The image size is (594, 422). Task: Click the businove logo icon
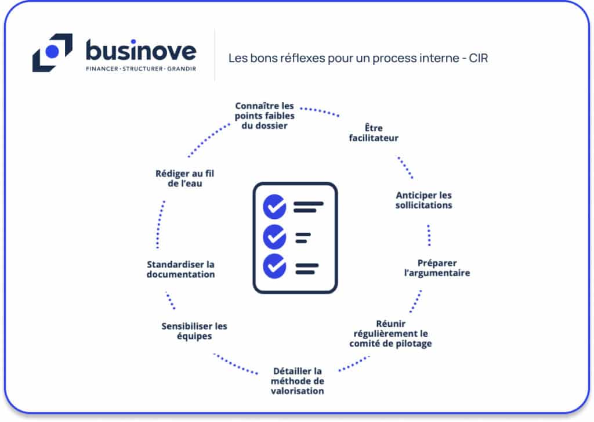point(52,52)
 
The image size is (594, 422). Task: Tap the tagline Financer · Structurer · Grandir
point(141,68)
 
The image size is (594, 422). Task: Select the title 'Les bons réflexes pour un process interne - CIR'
point(358,58)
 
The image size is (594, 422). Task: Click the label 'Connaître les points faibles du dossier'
point(265,116)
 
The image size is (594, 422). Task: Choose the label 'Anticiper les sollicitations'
point(423,200)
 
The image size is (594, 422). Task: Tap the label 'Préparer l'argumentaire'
point(437,268)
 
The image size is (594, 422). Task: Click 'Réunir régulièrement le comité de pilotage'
point(390,333)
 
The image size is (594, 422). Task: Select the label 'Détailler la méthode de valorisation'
point(298,381)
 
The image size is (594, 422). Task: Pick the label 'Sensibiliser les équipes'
point(194,331)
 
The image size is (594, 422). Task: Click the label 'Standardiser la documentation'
point(181,269)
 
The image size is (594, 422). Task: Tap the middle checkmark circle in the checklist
point(274,237)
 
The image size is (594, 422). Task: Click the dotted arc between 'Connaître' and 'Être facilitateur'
point(320,111)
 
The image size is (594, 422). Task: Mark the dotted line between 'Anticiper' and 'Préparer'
point(429,235)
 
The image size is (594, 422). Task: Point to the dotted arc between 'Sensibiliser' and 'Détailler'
point(235,364)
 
